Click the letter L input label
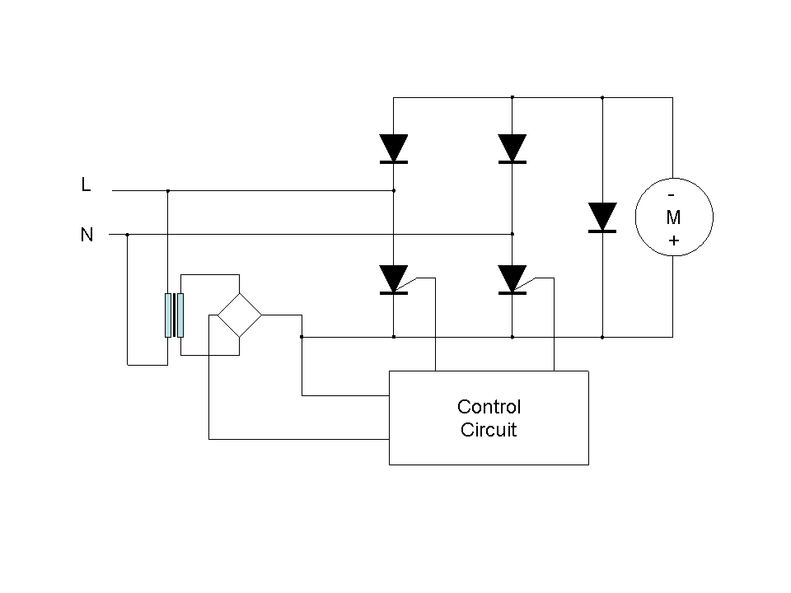(x=86, y=185)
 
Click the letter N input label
(x=87, y=236)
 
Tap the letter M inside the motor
(x=673, y=218)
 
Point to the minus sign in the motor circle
(x=672, y=195)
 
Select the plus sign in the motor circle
(x=674, y=241)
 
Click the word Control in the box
(x=489, y=407)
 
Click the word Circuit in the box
(x=489, y=429)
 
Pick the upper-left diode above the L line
(x=394, y=148)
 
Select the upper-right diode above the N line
(x=513, y=148)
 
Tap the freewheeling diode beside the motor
(x=603, y=217)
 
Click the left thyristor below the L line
(x=394, y=279)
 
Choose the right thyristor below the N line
(x=513, y=279)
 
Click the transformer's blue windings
(x=174, y=315)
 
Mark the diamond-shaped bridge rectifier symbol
(x=239, y=314)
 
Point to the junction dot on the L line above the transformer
(x=168, y=190)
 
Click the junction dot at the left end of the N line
(x=127, y=234)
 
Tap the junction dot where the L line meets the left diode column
(x=394, y=190)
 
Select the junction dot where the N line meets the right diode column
(x=513, y=234)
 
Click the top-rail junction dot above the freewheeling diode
(x=603, y=97)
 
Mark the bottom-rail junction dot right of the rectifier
(x=302, y=337)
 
